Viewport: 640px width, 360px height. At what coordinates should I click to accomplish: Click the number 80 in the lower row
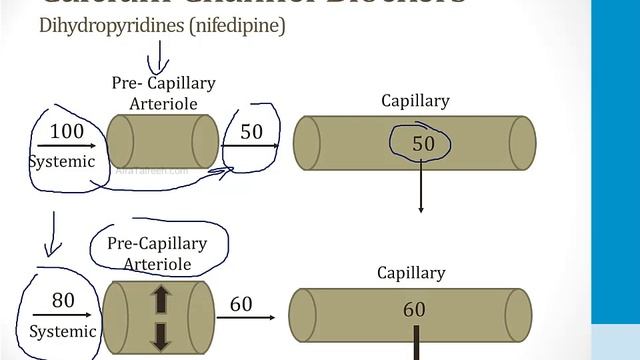62,300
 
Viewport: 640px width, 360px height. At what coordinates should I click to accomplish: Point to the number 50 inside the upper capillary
424,145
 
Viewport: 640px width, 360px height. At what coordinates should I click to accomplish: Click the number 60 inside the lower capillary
414,310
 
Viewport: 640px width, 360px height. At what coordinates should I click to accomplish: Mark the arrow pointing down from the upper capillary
421,190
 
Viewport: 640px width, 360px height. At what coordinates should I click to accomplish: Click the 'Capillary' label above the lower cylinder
411,272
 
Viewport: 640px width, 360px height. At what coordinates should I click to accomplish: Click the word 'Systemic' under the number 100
61,161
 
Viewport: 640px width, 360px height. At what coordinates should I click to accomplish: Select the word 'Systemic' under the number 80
62,331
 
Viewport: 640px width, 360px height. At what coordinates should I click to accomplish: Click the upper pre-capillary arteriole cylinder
162,140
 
